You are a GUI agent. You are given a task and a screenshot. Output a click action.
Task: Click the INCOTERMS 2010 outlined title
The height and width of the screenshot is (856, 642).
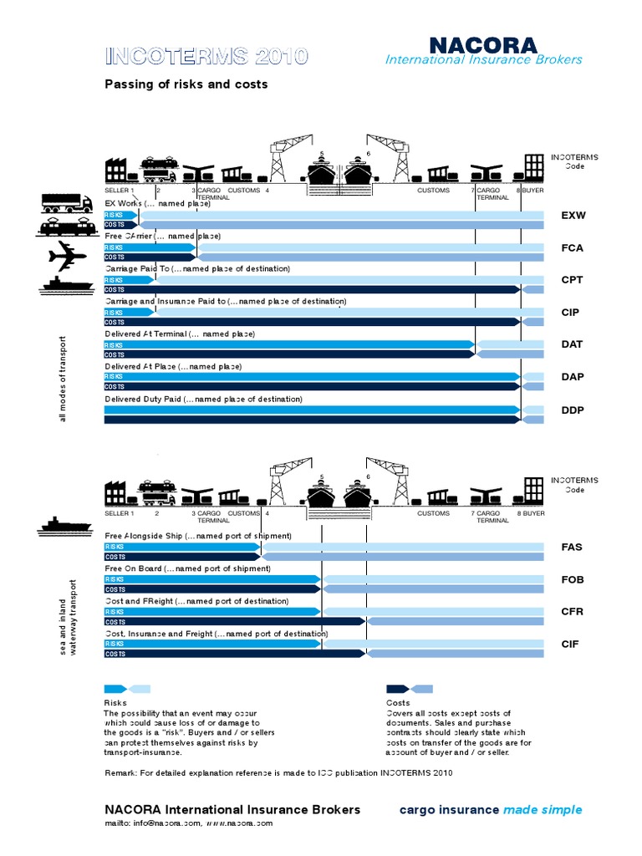coord(206,57)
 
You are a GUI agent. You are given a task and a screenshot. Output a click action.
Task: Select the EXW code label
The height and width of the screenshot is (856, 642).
coord(573,216)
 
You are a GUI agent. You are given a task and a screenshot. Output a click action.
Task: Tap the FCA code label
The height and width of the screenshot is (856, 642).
coord(573,248)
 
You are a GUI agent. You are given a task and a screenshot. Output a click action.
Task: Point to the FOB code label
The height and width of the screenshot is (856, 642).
coord(573,579)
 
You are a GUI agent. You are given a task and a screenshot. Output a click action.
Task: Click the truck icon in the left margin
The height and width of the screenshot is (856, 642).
coord(65,202)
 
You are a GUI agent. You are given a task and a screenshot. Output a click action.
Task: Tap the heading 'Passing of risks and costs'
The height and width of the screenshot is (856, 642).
coord(186,84)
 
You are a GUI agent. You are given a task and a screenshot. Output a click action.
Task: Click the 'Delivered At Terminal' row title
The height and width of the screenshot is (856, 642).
coord(179,334)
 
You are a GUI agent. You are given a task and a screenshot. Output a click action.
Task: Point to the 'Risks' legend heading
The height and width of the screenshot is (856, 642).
coord(115,703)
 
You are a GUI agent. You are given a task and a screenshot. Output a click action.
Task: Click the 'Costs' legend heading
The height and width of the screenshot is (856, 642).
coord(398,703)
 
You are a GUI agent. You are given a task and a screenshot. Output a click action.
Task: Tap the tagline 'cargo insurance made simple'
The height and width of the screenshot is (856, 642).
coord(491,809)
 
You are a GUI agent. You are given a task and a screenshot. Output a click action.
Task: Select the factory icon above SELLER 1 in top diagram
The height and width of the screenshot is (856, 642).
coord(115,171)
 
